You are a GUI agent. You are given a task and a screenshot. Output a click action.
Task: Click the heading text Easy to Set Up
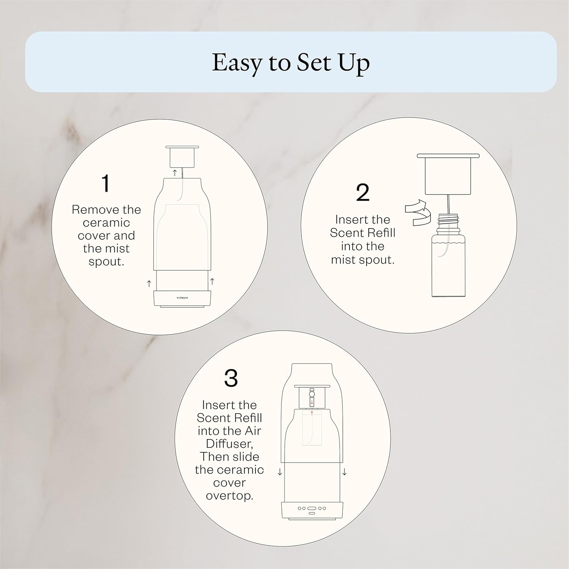click(291, 63)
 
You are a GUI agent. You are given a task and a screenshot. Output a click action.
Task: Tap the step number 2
click(363, 193)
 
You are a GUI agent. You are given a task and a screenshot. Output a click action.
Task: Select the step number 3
click(231, 378)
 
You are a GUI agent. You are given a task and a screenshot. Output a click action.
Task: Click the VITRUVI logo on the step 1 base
click(182, 297)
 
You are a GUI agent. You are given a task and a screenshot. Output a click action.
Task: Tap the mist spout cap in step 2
click(448, 173)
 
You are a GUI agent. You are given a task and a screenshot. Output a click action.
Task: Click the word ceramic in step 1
click(106, 223)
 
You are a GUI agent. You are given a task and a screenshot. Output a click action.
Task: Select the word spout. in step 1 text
click(106, 262)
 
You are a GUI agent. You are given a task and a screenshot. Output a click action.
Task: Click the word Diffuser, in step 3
click(229, 443)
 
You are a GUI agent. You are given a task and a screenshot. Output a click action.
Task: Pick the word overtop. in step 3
click(229, 496)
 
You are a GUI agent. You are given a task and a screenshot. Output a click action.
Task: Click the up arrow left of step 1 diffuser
click(149, 283)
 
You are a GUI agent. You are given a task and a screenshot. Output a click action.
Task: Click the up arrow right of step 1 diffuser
click(212, 281)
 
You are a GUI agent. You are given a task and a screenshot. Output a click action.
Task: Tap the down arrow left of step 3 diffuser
click(280, 472)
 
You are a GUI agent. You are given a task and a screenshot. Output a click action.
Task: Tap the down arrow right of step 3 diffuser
click(344, 472)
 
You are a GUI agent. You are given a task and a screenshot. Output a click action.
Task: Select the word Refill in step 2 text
click(379, 233)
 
